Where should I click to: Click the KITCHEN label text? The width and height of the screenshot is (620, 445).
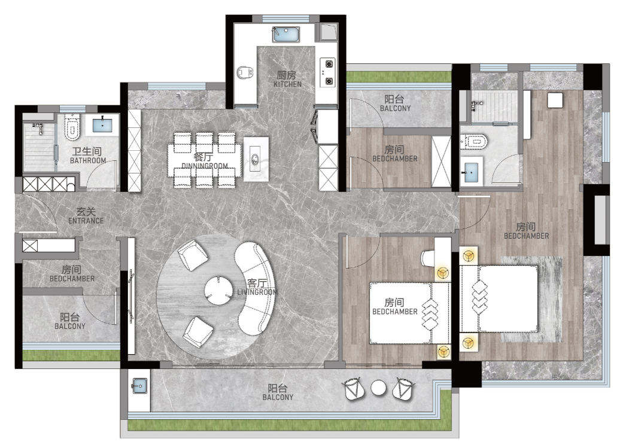click(287, 84)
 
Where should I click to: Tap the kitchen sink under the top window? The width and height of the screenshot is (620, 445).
click(285, 34)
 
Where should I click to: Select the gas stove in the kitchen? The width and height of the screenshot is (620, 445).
click(329, 72)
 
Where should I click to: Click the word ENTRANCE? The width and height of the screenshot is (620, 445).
click(86, 221)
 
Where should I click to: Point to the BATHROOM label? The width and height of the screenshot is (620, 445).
click(88, 160)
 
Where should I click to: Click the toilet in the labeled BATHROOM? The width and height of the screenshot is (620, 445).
click(72, 127)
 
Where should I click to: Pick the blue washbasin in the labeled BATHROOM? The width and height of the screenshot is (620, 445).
click(102, 126)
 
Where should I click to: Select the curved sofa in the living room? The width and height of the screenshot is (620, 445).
click(254, 288)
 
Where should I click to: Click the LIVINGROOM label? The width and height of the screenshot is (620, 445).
click(257, 292)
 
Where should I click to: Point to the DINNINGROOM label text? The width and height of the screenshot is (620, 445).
click(205, 166)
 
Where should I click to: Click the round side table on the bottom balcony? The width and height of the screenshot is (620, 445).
click(378, 388)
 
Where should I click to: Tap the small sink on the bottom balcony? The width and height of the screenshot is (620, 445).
click(139, 386)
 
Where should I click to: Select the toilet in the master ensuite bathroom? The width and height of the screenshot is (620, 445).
click(474, 141)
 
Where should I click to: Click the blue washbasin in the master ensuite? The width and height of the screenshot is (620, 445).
click(471, 172)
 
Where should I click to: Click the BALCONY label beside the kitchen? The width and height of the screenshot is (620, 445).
click(395, 108)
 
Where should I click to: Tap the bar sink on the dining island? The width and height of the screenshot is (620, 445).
click(255, 160)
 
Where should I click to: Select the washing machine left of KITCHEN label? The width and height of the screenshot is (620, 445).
click(245, 72)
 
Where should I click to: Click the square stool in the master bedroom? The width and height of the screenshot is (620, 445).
click(555, 100)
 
